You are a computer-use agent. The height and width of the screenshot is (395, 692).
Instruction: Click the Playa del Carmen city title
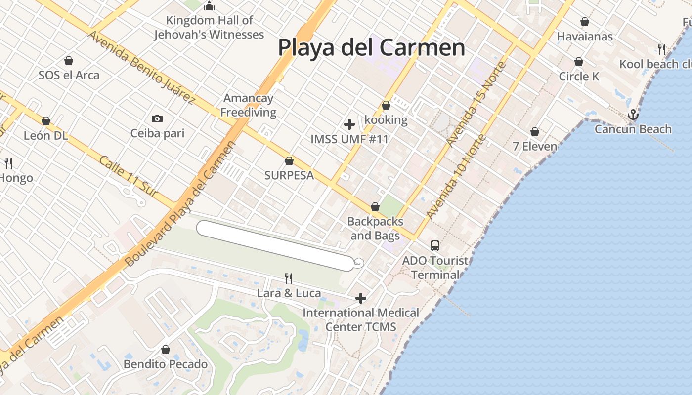[x=371, y=47]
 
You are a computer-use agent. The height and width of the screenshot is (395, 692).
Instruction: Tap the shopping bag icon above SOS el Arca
[x=69, y=61]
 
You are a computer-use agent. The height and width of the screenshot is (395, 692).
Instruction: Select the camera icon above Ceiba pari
[x=157, y=118]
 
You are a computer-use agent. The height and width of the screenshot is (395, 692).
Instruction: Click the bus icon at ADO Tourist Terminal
[x=434, y=245]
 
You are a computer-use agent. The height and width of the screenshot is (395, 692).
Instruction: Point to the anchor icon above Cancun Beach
[x=633, y=115]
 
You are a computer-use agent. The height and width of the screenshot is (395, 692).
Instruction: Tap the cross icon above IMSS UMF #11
[x=349, y=124]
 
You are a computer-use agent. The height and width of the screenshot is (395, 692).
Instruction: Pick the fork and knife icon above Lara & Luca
[x=289, y=278]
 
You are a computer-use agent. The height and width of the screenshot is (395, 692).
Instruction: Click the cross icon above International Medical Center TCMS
[x=361, y=298]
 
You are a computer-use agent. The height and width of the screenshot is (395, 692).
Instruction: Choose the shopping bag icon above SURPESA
[x=289, y=161]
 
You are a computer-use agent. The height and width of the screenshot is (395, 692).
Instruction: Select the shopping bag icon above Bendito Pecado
[x=166, y=350]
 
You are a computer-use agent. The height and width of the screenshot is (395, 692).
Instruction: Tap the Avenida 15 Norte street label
[x=476, y=104]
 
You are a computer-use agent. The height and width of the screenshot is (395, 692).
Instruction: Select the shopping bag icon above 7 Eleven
[x=534, y=132]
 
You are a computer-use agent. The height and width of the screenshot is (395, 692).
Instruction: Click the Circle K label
[x=579, y=77]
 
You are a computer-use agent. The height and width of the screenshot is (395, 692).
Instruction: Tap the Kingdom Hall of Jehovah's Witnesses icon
[x=209, y=6]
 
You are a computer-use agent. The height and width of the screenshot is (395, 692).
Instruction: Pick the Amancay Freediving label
[x=248, y=105]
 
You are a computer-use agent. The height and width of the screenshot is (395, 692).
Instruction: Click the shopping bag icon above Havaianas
[x=585, y=22]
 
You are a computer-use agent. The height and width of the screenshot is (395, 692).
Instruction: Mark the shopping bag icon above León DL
[x=46, y=121]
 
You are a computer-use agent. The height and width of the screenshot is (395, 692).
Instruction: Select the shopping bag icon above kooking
[x=386, y=105]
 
